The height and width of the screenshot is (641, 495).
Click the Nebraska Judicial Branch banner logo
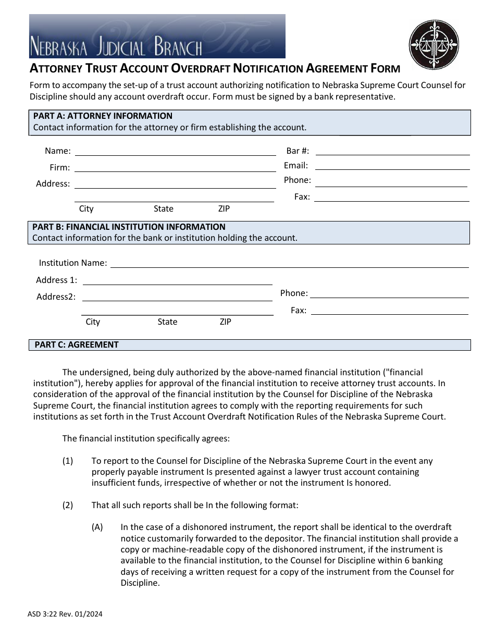(157, 36)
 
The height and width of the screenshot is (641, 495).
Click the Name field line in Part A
(175, 152)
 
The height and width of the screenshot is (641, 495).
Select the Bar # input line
(392, 151)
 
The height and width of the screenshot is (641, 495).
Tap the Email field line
(392, 166)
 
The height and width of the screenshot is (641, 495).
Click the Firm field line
(175, 168)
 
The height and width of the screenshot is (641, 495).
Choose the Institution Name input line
(289, 263)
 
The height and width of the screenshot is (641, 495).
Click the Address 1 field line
(178, 280)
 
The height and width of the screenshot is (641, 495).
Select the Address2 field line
(178, 297)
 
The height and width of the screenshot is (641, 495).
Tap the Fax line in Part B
(389, 311)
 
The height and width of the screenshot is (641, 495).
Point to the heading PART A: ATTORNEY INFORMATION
(103, 116)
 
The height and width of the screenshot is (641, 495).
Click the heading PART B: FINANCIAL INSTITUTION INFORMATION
(129, 227)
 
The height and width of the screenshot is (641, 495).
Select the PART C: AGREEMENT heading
(77, 345)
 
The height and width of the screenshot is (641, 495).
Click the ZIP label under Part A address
(224, 209)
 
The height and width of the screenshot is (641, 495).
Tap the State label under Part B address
(167, 322)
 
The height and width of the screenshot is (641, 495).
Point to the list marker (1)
(68, 461)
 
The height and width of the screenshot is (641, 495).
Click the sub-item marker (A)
(97, 527)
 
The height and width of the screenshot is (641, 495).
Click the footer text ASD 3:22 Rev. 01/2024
(66, 614)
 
